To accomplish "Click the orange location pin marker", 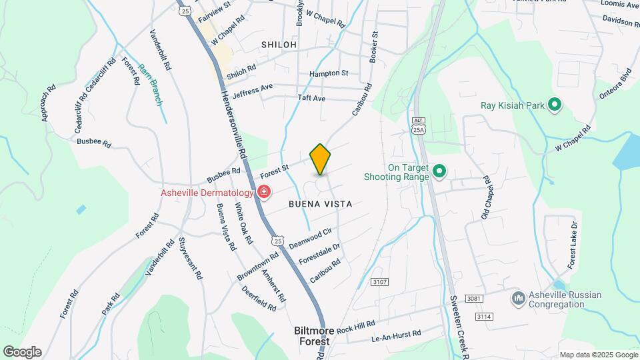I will (x=320, y=159).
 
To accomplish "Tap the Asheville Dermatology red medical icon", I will (x=264, y=193).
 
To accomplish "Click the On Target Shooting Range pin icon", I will (x=439, y=172).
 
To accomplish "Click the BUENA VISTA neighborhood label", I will (x=320, y=203).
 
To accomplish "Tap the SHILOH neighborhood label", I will (x=278, y=44).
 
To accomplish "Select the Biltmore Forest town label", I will (x=312, y=335).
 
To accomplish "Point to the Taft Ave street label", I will (x=311, y=98).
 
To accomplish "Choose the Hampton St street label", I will (x=329, y=73).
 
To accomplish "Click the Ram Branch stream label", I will (x=151, y=83).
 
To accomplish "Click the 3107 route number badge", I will (x=379, y=283).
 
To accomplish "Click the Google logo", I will (x=22, y=351).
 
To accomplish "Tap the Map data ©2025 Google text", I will (x=598, y=355).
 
